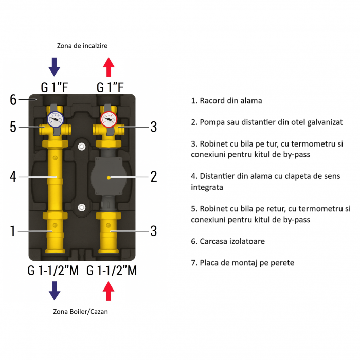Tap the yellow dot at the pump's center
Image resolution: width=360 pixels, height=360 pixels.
(x=109, y=177)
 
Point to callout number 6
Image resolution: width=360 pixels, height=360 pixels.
(x=13, y=100)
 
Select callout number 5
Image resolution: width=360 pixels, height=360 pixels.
(x=13, y=127)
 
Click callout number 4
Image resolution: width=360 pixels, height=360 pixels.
(x=13, y=177)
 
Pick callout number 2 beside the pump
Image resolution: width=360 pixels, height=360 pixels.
(x=153, y=177)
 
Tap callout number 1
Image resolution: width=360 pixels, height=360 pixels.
(x=13, y=231)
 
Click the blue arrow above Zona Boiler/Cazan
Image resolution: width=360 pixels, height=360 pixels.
(x=54, y=291)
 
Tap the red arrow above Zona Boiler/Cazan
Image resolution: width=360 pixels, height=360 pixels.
(x=109, y=291)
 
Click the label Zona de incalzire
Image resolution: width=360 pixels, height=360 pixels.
(x=82, y=45)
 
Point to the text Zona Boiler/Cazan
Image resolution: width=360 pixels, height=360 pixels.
(x=81, y=312)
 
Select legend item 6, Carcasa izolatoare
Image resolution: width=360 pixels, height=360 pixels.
(x=228, y=241)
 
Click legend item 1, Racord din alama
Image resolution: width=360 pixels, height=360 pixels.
(x=226, y=101)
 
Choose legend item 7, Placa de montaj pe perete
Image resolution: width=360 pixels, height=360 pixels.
(x=242, y=263)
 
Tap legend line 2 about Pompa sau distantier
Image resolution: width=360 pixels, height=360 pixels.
(x=266, y=122)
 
